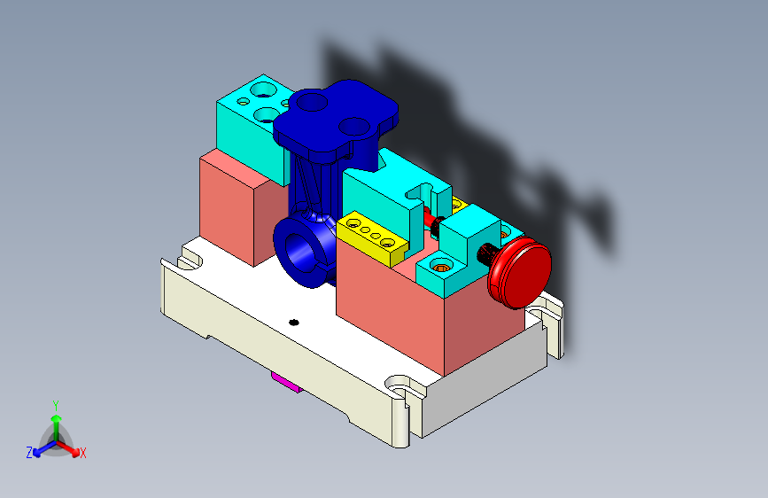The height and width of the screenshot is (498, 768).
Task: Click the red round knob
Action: (x=520, y=273)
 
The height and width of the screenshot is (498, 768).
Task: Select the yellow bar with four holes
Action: (x=372, y=237)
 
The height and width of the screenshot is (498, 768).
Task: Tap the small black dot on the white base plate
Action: (x=294, y=322)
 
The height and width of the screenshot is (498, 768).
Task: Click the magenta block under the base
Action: (x=285, y=382)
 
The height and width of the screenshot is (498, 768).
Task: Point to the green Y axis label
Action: (x=56, y=406)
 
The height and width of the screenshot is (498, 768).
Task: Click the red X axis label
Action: (x=82, y=453)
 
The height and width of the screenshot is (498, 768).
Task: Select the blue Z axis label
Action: (x=29, y=453)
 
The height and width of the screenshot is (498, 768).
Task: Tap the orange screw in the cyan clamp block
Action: (x=440, y=268)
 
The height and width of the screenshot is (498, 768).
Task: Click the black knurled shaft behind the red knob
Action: (x=487, y=254)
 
